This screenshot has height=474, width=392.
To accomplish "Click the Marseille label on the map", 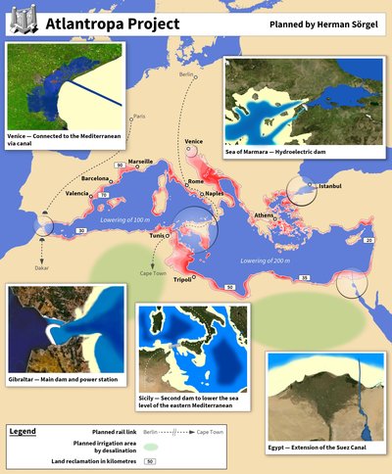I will pos(140,161).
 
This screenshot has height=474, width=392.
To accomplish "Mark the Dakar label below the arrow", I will pos(42,266).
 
